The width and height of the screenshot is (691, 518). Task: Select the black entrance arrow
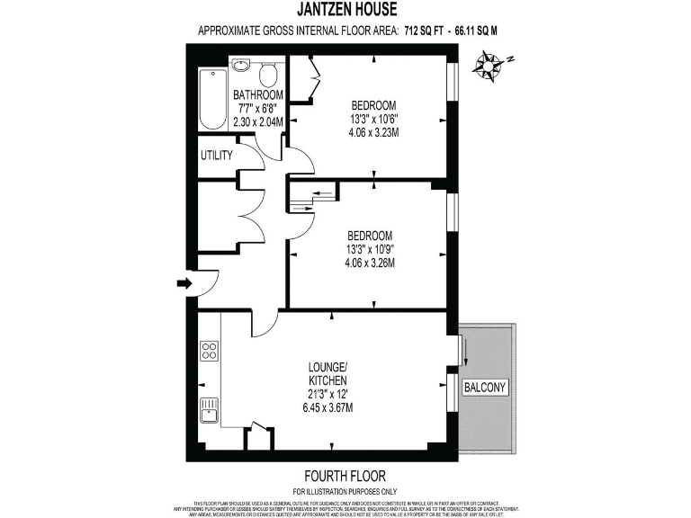click(x=185, y=284)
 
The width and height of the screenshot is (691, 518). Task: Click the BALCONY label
click(x=486, y=388)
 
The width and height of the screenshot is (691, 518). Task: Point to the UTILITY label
click(x=216, y=156)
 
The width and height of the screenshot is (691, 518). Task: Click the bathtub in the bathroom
click(x=211, y=98)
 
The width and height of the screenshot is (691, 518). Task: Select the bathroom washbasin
click(x=240, y=67)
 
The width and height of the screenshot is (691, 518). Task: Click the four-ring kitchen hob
click(x=209, y=351)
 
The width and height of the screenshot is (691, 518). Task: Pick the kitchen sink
click(x=209, y=409)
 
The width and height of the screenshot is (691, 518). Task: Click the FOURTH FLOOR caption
click(x=345, y=476)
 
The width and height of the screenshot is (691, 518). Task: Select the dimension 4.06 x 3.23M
click(x=373, y=131)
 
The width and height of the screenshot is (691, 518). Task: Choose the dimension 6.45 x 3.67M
click(x=328, y=407)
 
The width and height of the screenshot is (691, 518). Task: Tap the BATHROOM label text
click(x=258, y=95)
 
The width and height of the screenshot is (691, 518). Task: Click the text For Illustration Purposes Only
click(x=345, y=490)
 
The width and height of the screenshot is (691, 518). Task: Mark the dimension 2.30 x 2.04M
click(x=258, y=121)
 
